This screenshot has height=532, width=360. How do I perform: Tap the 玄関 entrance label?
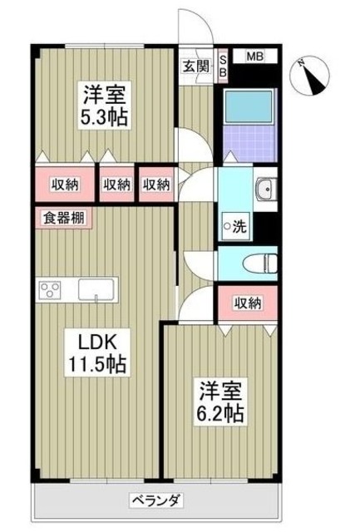coord(196,66)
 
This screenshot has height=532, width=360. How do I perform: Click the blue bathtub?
coord(249,106)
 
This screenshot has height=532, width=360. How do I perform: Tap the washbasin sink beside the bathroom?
coord(265,190)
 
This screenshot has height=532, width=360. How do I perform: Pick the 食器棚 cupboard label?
coord(62,219)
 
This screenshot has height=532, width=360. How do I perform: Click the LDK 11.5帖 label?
coord(101,352)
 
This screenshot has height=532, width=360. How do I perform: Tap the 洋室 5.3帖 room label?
coord(103,105)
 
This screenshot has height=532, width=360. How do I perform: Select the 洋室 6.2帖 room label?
coord(219,400)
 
